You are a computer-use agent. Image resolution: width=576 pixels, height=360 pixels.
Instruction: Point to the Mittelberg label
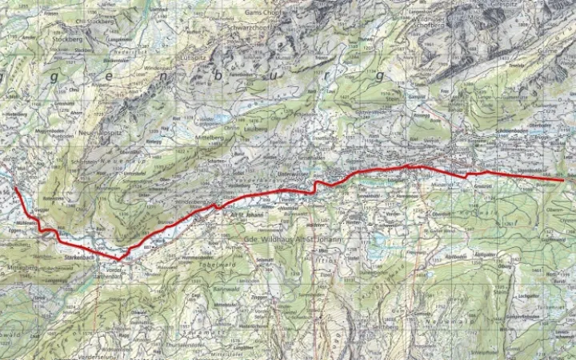211,138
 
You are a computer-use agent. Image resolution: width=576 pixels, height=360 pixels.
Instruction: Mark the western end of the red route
15,188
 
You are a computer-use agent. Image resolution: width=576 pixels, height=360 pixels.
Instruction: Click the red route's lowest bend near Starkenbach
119,259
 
